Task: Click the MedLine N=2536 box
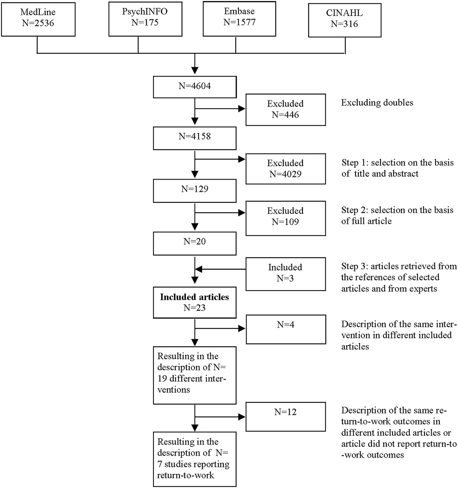click(38, 19)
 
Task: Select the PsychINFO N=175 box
click(146, 19)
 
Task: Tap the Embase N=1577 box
click(239, 19)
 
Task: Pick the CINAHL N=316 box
click(345, 20)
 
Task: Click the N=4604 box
click(195, 87)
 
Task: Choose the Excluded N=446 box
click(286, 109)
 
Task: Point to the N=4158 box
click(195, 138)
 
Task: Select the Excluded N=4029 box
click(286, 169)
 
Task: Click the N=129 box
click(195, 191)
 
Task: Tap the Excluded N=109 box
click(286, 218)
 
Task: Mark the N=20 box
click(195, 244)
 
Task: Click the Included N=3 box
click(286, 274)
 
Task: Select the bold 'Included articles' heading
click(194, 297)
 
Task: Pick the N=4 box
click(286, 329)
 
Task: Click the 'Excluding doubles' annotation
click(377, 103)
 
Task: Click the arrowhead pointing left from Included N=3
click(199, 269)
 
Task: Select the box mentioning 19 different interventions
click(195, 375)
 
